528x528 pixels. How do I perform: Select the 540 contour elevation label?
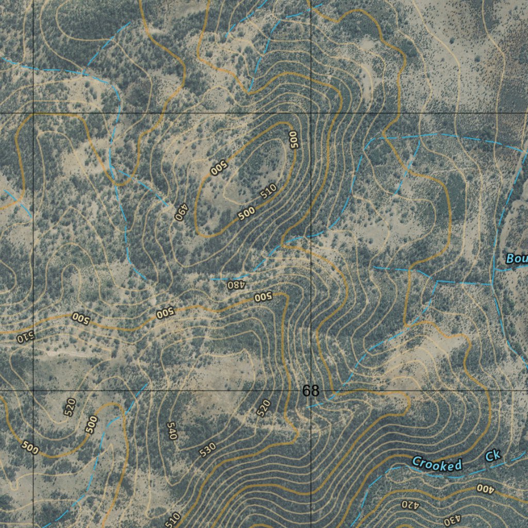[x=172, y=431]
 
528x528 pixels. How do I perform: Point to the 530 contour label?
[x=207, y=449]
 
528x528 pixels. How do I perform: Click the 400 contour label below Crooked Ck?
[x=485, y=488]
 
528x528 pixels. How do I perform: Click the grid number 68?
[x=311, y=391]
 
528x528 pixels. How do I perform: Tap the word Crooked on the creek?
[x=437, y=463]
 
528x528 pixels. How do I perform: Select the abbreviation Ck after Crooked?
[x=493, y=456]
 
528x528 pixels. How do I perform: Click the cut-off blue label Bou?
[x=517, y=258]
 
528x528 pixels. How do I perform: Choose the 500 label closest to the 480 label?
[x=263, y=297]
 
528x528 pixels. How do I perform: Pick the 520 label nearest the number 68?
[x=263, y=408]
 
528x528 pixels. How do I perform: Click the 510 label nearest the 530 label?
[x=173, y=519]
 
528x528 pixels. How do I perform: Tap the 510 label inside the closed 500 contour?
[x=269, y=191]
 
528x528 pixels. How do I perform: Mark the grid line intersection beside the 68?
[x=311, y=391]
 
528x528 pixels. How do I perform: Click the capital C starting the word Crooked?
[x=417, y=461]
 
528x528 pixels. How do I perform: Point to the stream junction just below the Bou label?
[x=493, y=270]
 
